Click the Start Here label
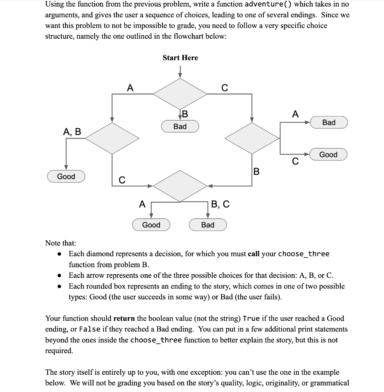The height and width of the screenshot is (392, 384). (x=180, y=58)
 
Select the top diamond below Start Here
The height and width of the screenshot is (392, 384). (x=180, y=93)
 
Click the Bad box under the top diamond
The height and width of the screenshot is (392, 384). (x=180, y=126)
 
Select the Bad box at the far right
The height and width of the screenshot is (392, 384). (x=328, y=122)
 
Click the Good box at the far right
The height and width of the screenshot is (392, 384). (x=328, y=155)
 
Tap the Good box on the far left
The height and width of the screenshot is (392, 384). (x=66, y=176)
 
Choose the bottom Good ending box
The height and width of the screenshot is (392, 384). (x=151, y=225)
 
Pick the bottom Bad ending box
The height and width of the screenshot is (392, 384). (x=208, y=225)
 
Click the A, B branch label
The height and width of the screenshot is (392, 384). (x=72, y=132)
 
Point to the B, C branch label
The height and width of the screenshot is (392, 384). (x=221, y=204)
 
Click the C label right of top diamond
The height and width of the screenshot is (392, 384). (x=225, y=88)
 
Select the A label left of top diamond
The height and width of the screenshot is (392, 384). (x=130, y=88)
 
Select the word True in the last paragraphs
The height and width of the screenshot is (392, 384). (x=251, y=318)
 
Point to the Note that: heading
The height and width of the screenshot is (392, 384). (x=61, y=243)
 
